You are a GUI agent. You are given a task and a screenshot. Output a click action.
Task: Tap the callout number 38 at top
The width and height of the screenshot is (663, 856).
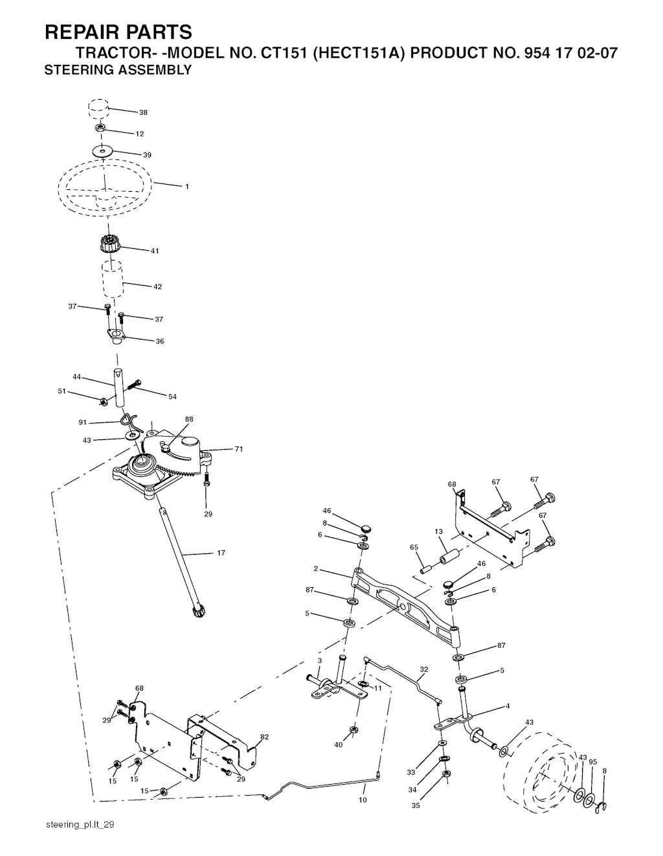tap(143, 112)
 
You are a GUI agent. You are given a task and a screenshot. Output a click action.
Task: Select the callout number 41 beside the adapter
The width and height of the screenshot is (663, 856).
tap(155, 251)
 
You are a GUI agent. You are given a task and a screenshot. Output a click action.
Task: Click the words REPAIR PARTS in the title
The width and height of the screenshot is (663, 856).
tap(118, 32)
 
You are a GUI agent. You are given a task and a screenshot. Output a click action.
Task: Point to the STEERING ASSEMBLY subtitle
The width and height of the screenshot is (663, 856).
tap(118, 70)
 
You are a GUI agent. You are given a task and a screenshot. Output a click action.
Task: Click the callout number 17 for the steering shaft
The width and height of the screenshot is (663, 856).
tap(221, 553)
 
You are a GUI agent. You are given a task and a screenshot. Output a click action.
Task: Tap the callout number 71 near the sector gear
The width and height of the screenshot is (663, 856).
tap(239, 449)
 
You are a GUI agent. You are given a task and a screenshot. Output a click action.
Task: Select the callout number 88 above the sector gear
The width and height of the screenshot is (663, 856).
tap(189, 419)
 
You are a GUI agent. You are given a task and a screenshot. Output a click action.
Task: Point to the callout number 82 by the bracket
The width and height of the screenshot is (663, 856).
tap(264, 737)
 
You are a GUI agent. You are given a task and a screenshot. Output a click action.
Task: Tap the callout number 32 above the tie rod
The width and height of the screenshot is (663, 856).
tap(424, 669)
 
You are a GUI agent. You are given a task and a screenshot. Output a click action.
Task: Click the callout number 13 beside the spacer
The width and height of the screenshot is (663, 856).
tap(439, 532)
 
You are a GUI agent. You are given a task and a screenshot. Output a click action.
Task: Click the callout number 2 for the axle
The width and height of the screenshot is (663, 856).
tap(315, 569)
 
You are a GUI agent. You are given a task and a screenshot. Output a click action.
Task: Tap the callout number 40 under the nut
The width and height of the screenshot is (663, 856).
tap(339, 745)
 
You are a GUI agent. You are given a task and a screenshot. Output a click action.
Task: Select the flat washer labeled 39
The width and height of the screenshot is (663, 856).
tap(103, 151)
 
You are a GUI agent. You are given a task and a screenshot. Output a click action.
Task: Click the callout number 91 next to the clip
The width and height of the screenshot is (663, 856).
tap(82, 422)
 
